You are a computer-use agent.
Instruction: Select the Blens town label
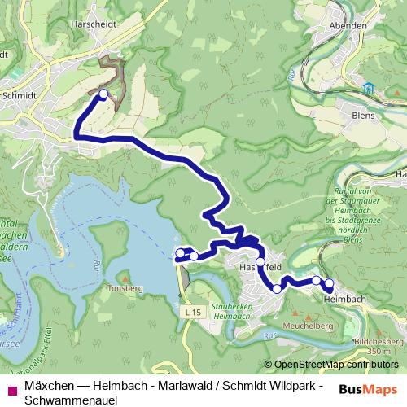(363, 115)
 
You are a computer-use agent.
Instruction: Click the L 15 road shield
(193, 311)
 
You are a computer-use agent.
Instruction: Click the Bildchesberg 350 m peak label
(375, 345)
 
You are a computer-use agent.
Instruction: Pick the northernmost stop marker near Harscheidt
(103, 94)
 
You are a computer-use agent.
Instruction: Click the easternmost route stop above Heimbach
(329, 284)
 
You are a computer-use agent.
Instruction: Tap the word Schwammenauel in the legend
(72, 400)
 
